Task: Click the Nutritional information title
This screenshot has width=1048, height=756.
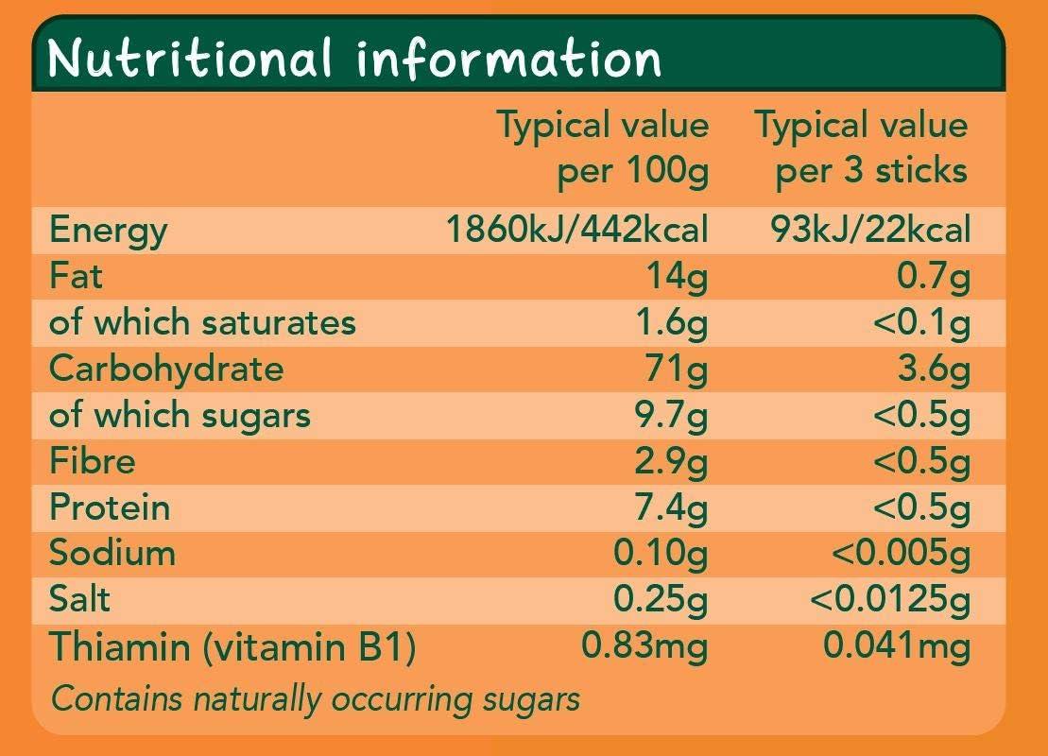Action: [354, 59]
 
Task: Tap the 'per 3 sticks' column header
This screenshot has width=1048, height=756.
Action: [862, 147]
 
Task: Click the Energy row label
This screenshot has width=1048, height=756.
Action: [108, 230]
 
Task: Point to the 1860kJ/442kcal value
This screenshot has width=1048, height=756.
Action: [576, 230]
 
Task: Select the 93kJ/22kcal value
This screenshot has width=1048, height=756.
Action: [870, 230]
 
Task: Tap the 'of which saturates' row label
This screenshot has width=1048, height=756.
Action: [202, 322]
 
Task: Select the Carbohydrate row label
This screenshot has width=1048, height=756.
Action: [166, 369]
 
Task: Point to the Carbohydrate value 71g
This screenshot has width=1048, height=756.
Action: [675, 369]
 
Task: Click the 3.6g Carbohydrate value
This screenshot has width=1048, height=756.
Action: [934, 369]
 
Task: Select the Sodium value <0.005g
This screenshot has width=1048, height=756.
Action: [900, 554]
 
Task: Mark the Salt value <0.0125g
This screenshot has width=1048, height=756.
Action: [890, 599]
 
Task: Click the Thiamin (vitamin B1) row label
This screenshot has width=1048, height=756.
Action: [232, 646]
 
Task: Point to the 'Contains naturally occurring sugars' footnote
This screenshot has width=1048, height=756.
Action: [315, 698]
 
